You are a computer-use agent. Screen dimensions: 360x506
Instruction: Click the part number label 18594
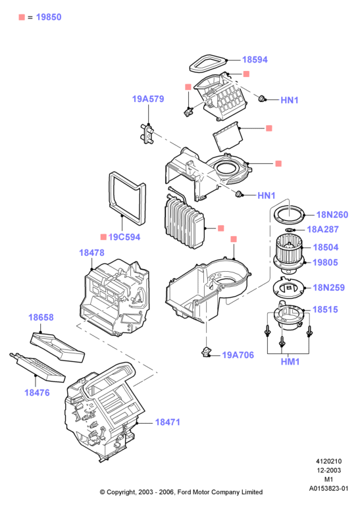[x=255, y=60]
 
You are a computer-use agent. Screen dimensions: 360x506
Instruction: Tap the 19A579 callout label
[x=148, y=99]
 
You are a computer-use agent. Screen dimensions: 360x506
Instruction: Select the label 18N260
[x=332, y=215]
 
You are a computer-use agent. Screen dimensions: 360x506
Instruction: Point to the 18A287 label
[x=322, y=230]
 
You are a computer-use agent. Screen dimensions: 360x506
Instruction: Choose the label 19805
[x=325, y=263]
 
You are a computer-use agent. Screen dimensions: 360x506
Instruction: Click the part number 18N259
[x=328, y=288]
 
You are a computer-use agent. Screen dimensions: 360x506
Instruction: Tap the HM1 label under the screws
[x=290, y=362]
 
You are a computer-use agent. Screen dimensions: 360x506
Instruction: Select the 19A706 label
[x=238, y=355]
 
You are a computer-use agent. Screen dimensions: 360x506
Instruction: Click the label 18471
[x=168, y=422]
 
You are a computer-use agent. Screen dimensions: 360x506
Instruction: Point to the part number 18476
[x=37, y=393]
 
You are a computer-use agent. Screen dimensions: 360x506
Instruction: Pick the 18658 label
[x=41, y=317]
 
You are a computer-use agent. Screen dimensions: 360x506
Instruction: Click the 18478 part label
[x=91, y=253]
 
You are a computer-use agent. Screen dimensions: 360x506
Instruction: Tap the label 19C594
[x=124, y=237]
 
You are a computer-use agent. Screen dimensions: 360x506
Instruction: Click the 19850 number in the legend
[x=49, y=17]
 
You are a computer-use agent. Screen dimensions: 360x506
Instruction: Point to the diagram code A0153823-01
[x=328, y=489]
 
